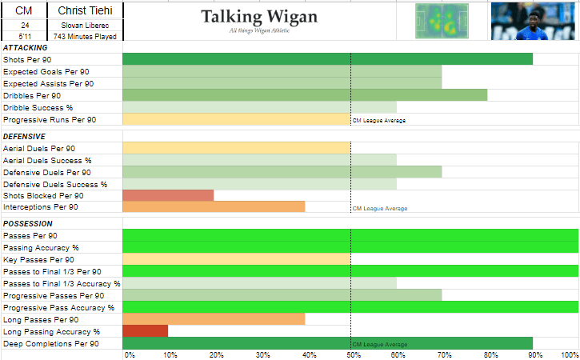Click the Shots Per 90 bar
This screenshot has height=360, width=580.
click(x=327, y=59)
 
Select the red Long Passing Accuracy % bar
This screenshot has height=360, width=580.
click(x=145, y=331)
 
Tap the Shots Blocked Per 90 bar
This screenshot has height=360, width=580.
click(x=168, y=195)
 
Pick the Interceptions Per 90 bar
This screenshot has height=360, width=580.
click(x=214, y=207)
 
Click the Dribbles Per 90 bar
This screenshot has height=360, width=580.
click(x=305, y=95)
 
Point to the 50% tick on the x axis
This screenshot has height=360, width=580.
click(x=351, y=354)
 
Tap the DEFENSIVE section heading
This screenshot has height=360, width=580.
click(x=25, y=137)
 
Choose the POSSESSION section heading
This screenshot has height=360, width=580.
click(x=28, y=224)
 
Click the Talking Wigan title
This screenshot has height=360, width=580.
click(x=259, y=17)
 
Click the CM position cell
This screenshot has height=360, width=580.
click(x=25, y=10)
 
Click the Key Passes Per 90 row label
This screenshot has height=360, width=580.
click(x=38, y=260)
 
